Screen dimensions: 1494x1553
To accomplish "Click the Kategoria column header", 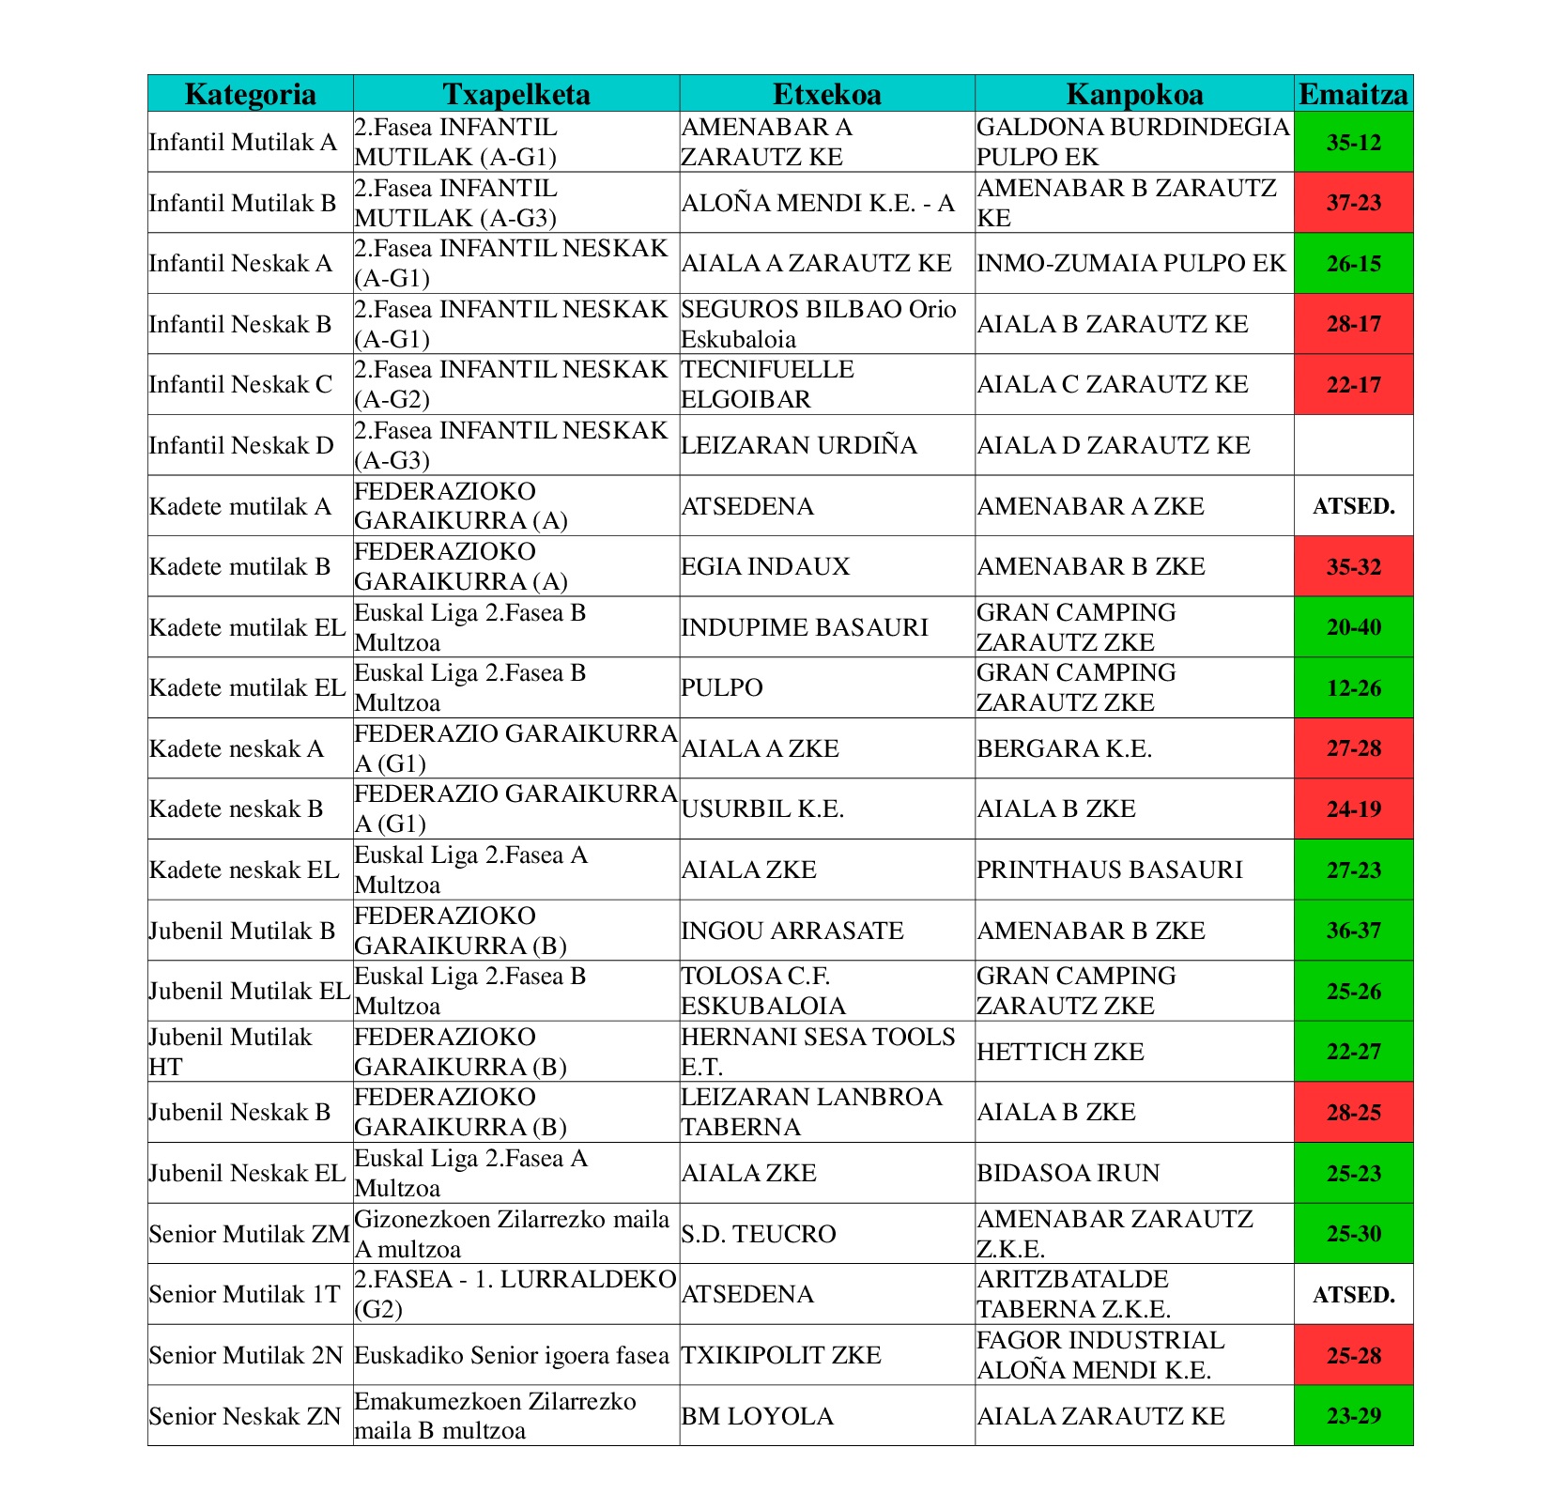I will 250,94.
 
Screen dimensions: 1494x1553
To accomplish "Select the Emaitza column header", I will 1353,94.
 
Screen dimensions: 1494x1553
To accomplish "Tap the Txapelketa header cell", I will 515,94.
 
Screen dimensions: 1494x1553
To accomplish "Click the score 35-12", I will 1353,143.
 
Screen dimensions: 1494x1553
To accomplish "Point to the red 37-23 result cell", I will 1353,203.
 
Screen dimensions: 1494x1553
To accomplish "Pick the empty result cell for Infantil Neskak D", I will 1353,445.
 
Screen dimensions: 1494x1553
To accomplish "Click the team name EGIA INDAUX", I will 765,566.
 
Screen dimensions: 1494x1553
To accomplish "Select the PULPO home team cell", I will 721,687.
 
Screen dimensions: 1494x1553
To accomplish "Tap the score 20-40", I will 1353,627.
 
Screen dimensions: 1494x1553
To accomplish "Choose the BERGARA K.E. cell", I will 1064,748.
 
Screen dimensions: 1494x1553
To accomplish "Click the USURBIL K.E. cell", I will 761,809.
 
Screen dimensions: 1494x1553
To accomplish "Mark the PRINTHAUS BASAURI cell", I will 1109,870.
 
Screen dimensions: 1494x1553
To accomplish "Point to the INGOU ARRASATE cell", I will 792,931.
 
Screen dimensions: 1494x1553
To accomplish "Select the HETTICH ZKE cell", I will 1060,1052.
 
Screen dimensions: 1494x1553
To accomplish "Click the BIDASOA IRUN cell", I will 1068,1173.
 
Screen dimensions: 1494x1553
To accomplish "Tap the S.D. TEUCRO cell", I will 758,1234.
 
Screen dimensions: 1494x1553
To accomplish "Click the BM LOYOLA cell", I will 757,1416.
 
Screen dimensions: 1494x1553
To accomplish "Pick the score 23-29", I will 1353,1416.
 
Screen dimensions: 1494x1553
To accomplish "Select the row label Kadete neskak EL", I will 244,870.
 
